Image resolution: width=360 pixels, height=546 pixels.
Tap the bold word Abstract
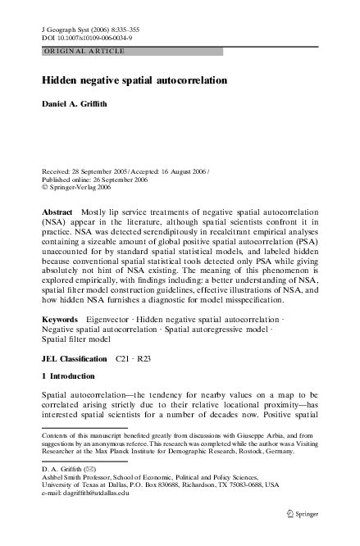pos(57,212)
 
